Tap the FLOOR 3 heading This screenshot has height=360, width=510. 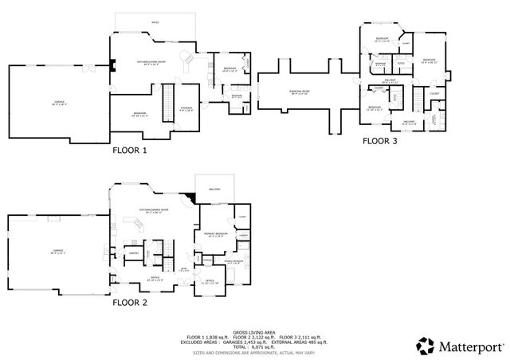click(x=379, y=141)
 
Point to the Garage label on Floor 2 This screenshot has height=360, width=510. click(x=57, y=251)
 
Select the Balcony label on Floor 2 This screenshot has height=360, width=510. click(x=214, y=189)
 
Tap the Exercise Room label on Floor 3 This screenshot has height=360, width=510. click(x=300, y=92)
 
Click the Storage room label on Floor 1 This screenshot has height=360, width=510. click(x=185, y=108)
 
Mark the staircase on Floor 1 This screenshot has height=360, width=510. click(x=168, y=101)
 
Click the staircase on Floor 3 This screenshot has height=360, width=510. click(x=415, y=99)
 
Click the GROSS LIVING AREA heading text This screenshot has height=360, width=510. click(x=254, y=332)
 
